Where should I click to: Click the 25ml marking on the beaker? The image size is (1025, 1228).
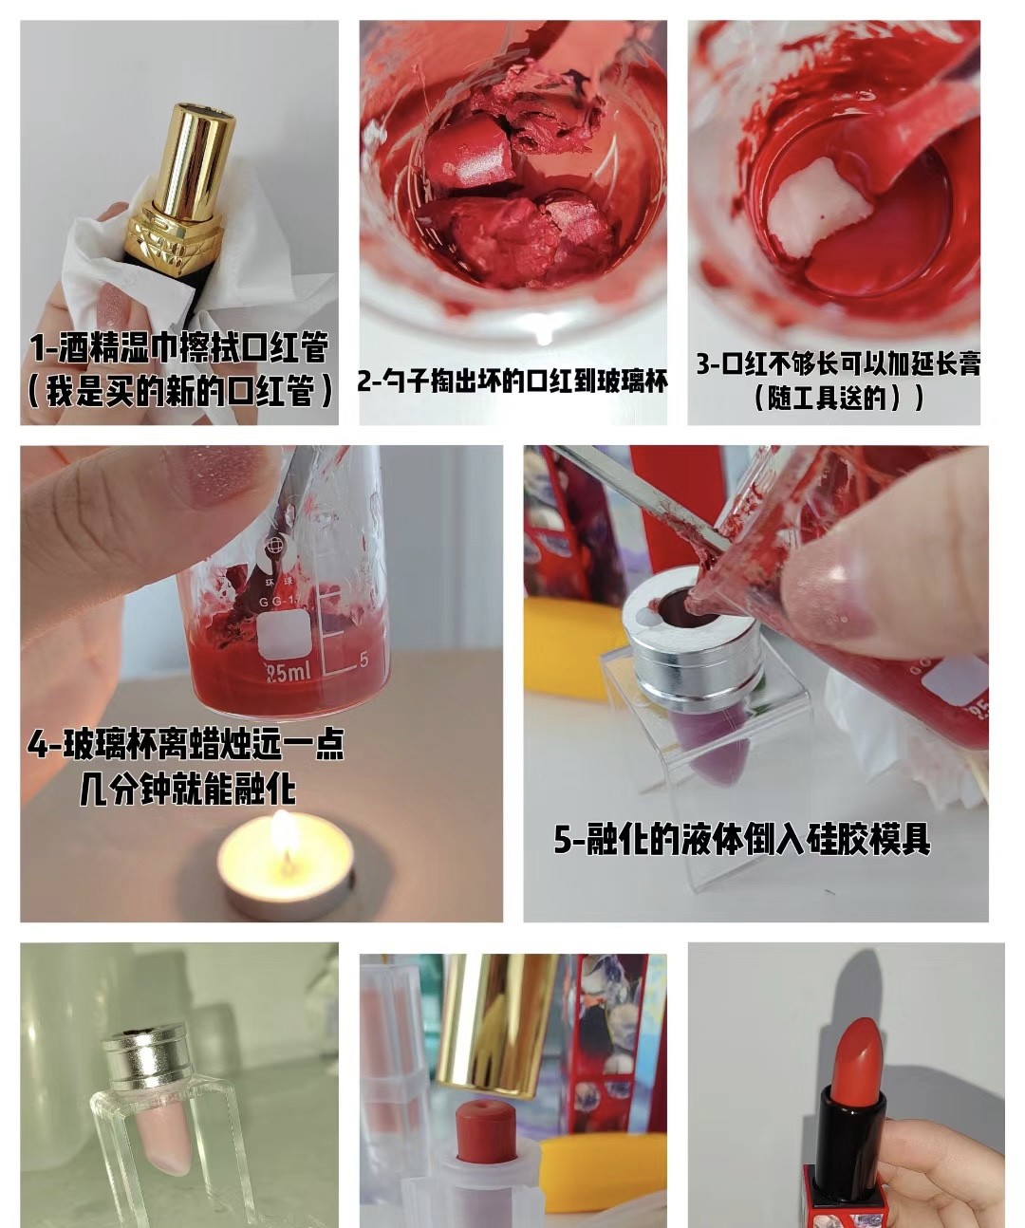[x=289, y=672]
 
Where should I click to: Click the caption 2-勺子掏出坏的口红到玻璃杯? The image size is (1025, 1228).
[x=512, y=381]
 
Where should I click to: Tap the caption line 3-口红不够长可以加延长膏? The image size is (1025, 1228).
[x=838, y=363]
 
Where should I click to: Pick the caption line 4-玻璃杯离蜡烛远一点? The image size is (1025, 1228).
[x=186, y=745]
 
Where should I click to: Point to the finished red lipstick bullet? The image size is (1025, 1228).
[x=857, y=1054]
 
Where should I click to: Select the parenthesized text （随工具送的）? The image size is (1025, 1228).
[x=839, y=399]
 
